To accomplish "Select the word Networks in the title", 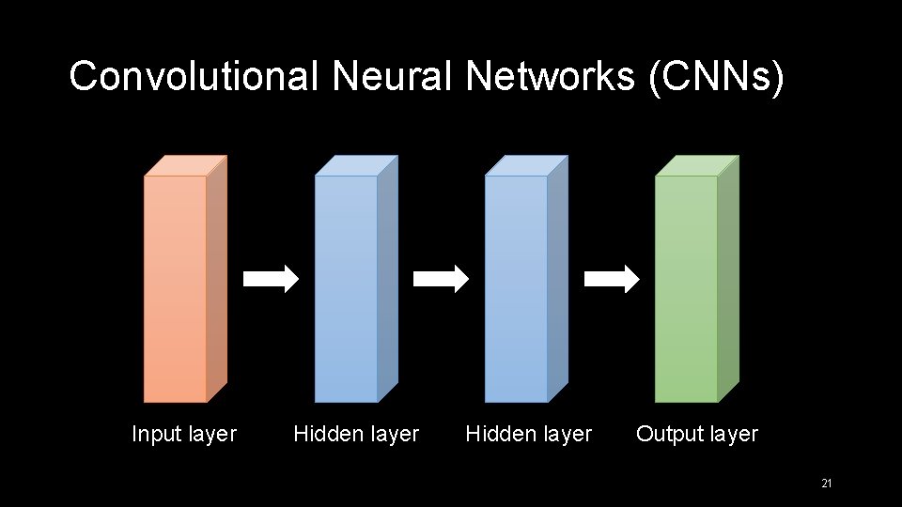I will [551, 77].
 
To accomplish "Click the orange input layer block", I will [176, 287].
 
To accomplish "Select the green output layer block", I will [686, 287].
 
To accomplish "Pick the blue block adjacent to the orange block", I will [346, 287].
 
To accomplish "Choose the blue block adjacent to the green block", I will [516, 287].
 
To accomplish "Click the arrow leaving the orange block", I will [271, 279].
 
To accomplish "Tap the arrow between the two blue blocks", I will [441, 279].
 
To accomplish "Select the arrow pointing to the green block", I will [612, 279].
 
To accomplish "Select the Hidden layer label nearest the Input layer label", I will [356, 434].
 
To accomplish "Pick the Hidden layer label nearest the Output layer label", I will [529, 434].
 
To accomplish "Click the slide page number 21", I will [827, 484].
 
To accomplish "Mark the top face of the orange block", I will [185, 165].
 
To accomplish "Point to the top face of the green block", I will [696, 165].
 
